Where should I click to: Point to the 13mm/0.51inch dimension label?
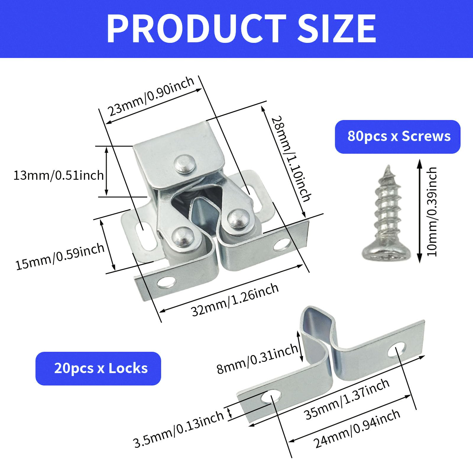point(59,175)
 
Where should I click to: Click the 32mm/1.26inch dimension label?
point(235,299)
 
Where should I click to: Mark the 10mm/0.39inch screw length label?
point(432,211)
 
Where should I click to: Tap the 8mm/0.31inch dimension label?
point(257,359)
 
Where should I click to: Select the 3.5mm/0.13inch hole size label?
point(179,429)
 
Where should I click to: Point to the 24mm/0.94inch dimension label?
point(357,429)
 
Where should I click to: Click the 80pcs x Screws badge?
point(398,137)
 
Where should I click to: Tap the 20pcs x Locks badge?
point(98,368)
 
